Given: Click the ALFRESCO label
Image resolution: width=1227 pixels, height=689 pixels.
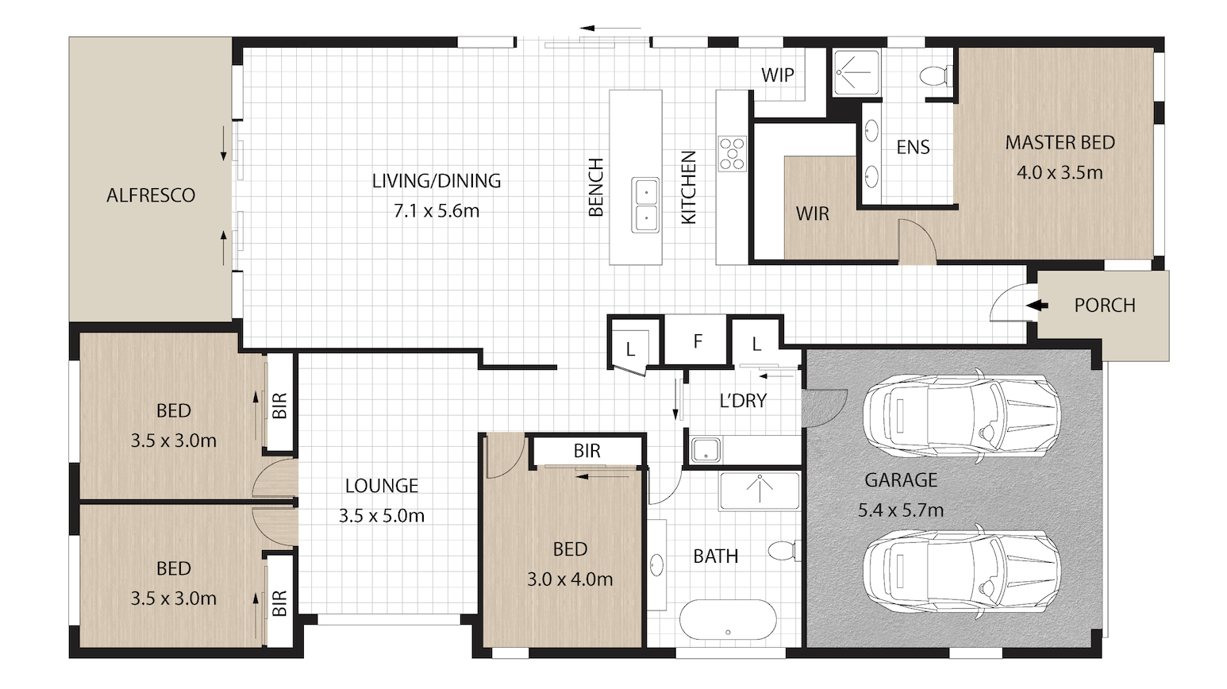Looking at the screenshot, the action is click(x=151, y=195).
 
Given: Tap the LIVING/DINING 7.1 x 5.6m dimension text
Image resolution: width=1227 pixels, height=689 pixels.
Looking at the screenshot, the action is click(x=437, y=211).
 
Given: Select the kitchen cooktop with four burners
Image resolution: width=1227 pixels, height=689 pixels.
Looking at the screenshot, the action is click(x=733, y=154).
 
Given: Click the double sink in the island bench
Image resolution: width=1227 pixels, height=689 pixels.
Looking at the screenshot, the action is click(x=644, y=205).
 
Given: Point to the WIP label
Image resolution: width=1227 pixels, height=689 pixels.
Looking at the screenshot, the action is click(x=777, y=75).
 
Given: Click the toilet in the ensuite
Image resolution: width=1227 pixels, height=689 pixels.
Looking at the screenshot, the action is click(x=936, y=75).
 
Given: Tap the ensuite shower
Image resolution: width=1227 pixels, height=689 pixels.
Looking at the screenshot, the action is click(x=856, y=73).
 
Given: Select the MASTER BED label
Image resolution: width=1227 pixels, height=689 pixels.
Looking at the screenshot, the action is click(x=1060, y=142).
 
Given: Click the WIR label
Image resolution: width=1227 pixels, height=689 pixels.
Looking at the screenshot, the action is click(x=813, y=214).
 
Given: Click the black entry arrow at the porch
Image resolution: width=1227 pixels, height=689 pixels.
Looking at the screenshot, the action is click(x=1037, y=306).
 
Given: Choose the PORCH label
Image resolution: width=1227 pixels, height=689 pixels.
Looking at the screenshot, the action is click(x=1105, y=306).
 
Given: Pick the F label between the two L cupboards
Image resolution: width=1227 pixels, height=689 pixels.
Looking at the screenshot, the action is click(x=698, y=341).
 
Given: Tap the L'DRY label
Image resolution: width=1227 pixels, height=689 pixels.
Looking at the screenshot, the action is click(x=743, y=401).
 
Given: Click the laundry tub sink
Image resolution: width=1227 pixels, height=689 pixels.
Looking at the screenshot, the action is click(x=706, y=450).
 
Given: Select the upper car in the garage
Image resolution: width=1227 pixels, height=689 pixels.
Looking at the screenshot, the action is click(x=961, y=415).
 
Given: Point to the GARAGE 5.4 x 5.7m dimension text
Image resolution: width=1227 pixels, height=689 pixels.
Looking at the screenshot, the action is click(x=901, y=510).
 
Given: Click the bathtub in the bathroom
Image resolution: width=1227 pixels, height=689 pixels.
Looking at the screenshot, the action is click(x=728, y=619).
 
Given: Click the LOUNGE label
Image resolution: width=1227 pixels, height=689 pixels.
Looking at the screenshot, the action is click(x=382, y=486).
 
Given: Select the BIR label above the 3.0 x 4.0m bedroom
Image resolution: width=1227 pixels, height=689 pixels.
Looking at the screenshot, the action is click(x=587, y=451).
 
